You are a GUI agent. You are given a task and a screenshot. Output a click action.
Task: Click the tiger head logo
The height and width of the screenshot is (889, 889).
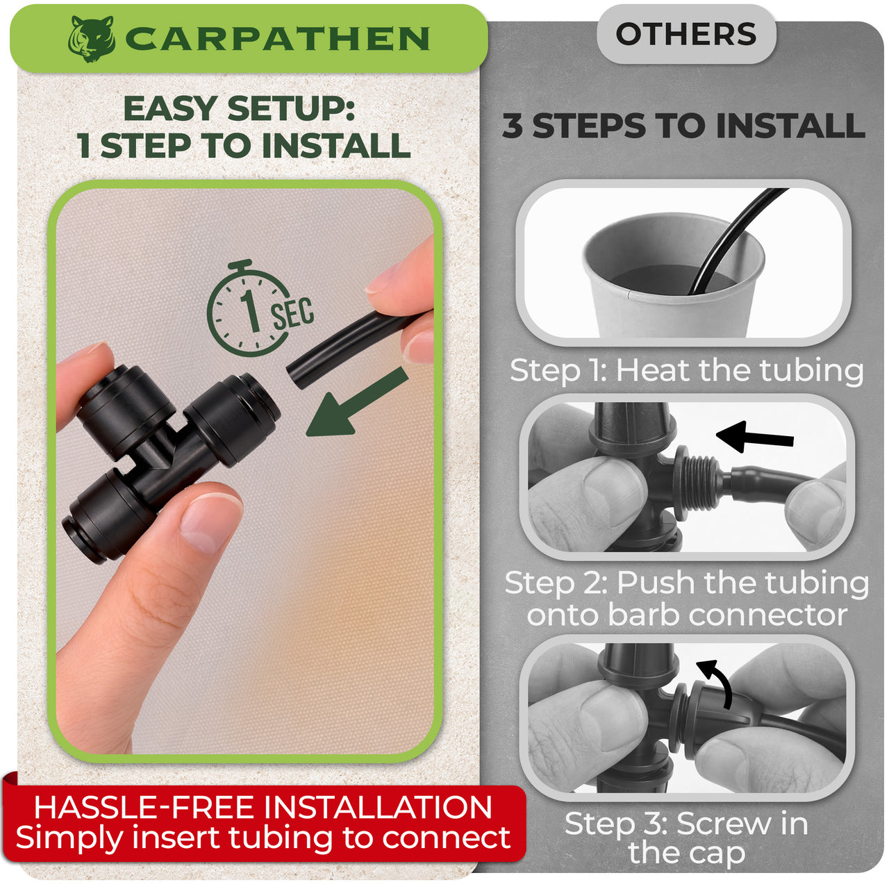92,39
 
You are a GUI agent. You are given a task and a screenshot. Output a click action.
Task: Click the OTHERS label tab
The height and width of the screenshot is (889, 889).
686,34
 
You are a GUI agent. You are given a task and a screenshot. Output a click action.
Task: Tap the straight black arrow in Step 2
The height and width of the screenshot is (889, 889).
755,437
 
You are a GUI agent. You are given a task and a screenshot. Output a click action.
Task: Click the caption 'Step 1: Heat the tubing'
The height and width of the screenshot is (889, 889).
686,370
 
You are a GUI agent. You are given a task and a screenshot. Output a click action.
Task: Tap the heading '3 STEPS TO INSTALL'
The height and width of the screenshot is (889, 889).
684,126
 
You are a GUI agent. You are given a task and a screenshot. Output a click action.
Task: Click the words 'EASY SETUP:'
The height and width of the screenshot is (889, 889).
240,108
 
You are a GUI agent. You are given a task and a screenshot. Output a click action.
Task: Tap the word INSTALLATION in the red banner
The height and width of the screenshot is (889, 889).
378,808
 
